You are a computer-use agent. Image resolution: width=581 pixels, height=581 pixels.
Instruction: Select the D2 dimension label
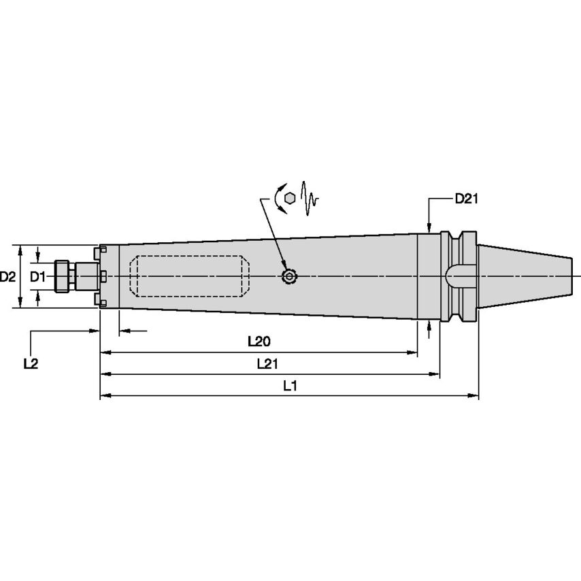click(x=8, y=277)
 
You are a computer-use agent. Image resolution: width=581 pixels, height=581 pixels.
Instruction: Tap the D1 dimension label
click(x=37, y=277)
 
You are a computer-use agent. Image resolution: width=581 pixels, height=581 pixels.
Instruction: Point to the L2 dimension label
click(x=30, y=364)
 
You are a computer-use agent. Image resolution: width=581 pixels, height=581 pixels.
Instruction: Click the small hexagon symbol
click(x=290, y=197)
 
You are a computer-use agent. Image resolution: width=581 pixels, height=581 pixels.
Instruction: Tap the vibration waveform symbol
click(x=310, y=197)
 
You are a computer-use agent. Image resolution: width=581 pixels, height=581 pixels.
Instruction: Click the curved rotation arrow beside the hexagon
click(x=278, y=197)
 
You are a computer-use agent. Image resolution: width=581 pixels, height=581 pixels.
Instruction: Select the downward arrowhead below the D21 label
click(x=429, y=227)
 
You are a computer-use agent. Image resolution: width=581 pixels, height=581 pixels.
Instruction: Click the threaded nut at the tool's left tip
click(x=63, y=276)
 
